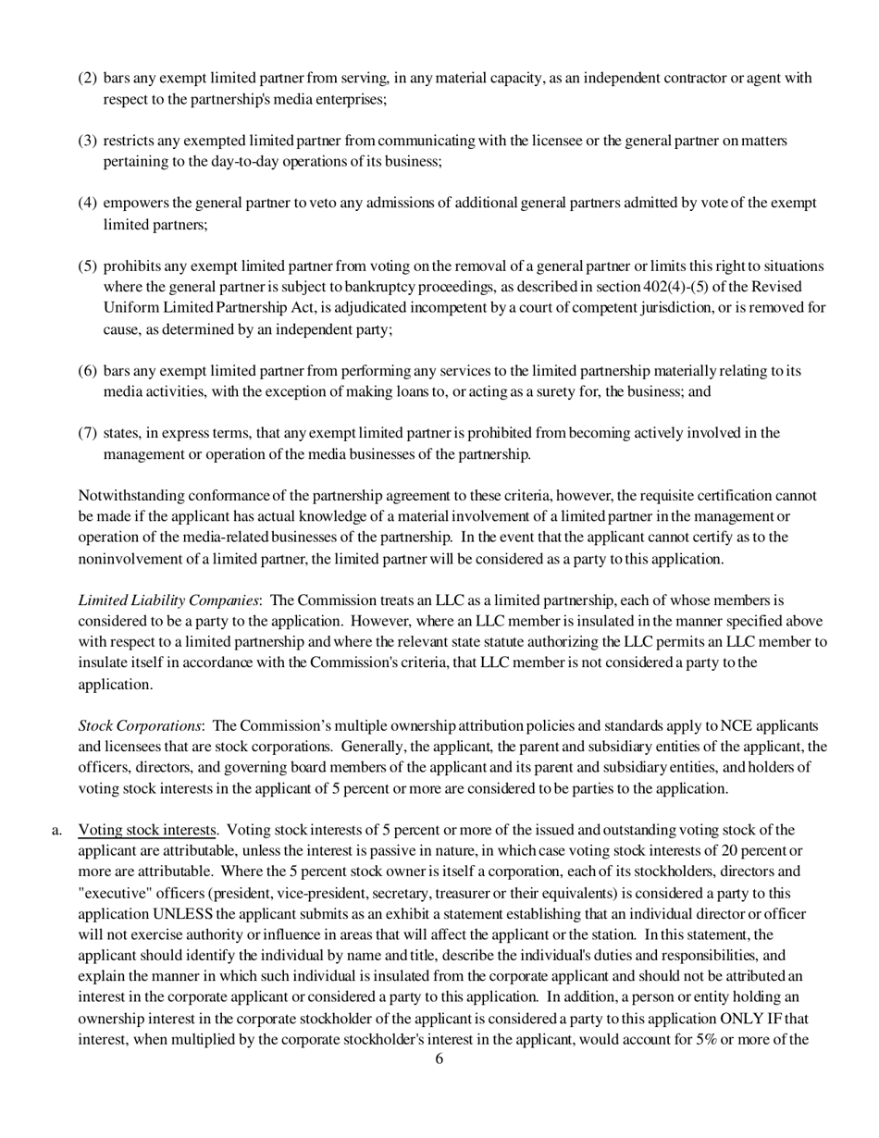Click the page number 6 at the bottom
click(x=439, y=1059)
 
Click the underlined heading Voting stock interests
click(x=147, y=830)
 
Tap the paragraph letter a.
click(x=56, y=830)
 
